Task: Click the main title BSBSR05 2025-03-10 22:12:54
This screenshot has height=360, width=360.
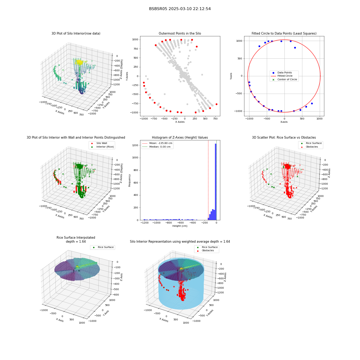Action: click(180, 9)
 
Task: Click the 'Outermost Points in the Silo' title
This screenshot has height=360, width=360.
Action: click(180, 33)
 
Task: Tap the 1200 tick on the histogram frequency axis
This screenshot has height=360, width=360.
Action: click(135, 145)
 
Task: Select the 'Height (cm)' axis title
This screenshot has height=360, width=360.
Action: click(180, 226)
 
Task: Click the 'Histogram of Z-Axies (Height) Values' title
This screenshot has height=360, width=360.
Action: click(180, 138)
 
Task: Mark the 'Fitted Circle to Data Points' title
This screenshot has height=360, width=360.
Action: click(284, 33)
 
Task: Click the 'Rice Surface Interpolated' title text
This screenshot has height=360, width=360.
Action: click(76, 238)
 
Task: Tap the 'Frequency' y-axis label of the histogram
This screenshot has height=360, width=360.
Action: click(130, 180)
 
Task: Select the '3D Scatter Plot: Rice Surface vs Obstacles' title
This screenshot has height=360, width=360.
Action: click(284, 138)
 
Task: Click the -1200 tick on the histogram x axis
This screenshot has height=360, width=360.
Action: click(144, 223)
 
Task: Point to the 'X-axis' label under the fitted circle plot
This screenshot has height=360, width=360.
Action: click(284, 122)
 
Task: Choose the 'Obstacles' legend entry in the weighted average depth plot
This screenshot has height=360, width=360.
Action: click(208, 251)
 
